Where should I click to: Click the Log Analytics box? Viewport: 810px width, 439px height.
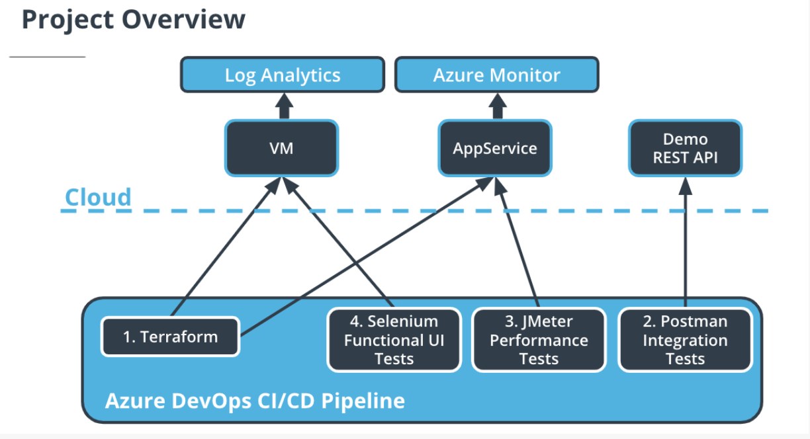click(283, 75)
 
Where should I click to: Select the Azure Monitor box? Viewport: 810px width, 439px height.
click(496, 75)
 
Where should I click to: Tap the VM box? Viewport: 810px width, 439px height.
click(282, 147)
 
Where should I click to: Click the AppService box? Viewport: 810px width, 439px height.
click(495, 147)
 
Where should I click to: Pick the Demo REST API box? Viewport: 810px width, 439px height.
click(685, 148)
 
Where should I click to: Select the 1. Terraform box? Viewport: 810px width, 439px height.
click(170, 337)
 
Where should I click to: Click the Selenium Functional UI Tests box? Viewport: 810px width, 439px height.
click(394, 340)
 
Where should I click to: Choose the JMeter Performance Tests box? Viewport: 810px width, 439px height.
click(539, 340)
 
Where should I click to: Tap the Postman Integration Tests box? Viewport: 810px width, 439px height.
click(685, 340)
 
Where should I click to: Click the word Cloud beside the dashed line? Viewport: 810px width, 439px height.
click(98, 197)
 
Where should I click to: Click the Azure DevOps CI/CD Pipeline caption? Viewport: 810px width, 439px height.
click(255, 400)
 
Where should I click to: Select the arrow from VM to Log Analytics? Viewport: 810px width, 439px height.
click(284, 106)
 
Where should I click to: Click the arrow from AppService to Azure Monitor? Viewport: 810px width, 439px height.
click(497, 106)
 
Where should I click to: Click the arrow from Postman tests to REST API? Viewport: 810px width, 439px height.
click(686, 251)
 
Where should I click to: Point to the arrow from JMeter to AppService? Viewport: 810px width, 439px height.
click(520, 245)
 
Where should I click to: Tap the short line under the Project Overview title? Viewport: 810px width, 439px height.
click(47, 58)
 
